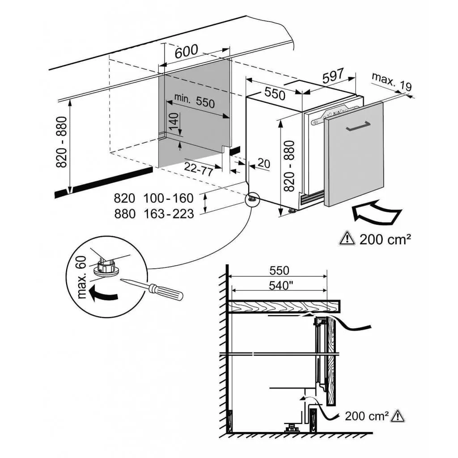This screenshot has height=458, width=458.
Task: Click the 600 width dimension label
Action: tap(187, 51)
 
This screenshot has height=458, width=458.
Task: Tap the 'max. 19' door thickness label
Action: tap(392, 81)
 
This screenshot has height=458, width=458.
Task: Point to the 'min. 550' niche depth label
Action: tap(194, 101)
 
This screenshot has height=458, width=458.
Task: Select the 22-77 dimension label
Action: tap(198, 169)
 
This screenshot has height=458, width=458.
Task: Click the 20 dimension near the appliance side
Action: tap(263, 164)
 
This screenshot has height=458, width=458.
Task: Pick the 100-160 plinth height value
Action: tap(169, 198)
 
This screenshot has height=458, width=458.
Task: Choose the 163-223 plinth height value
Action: tap(169, 214)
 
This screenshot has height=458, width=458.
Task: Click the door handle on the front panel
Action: tap(358, 126)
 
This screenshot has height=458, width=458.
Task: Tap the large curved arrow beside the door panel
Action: tap(377, 213)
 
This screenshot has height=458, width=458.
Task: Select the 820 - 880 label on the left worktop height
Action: tap(61, 142)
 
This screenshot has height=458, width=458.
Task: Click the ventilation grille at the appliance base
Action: tap(312, 198)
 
